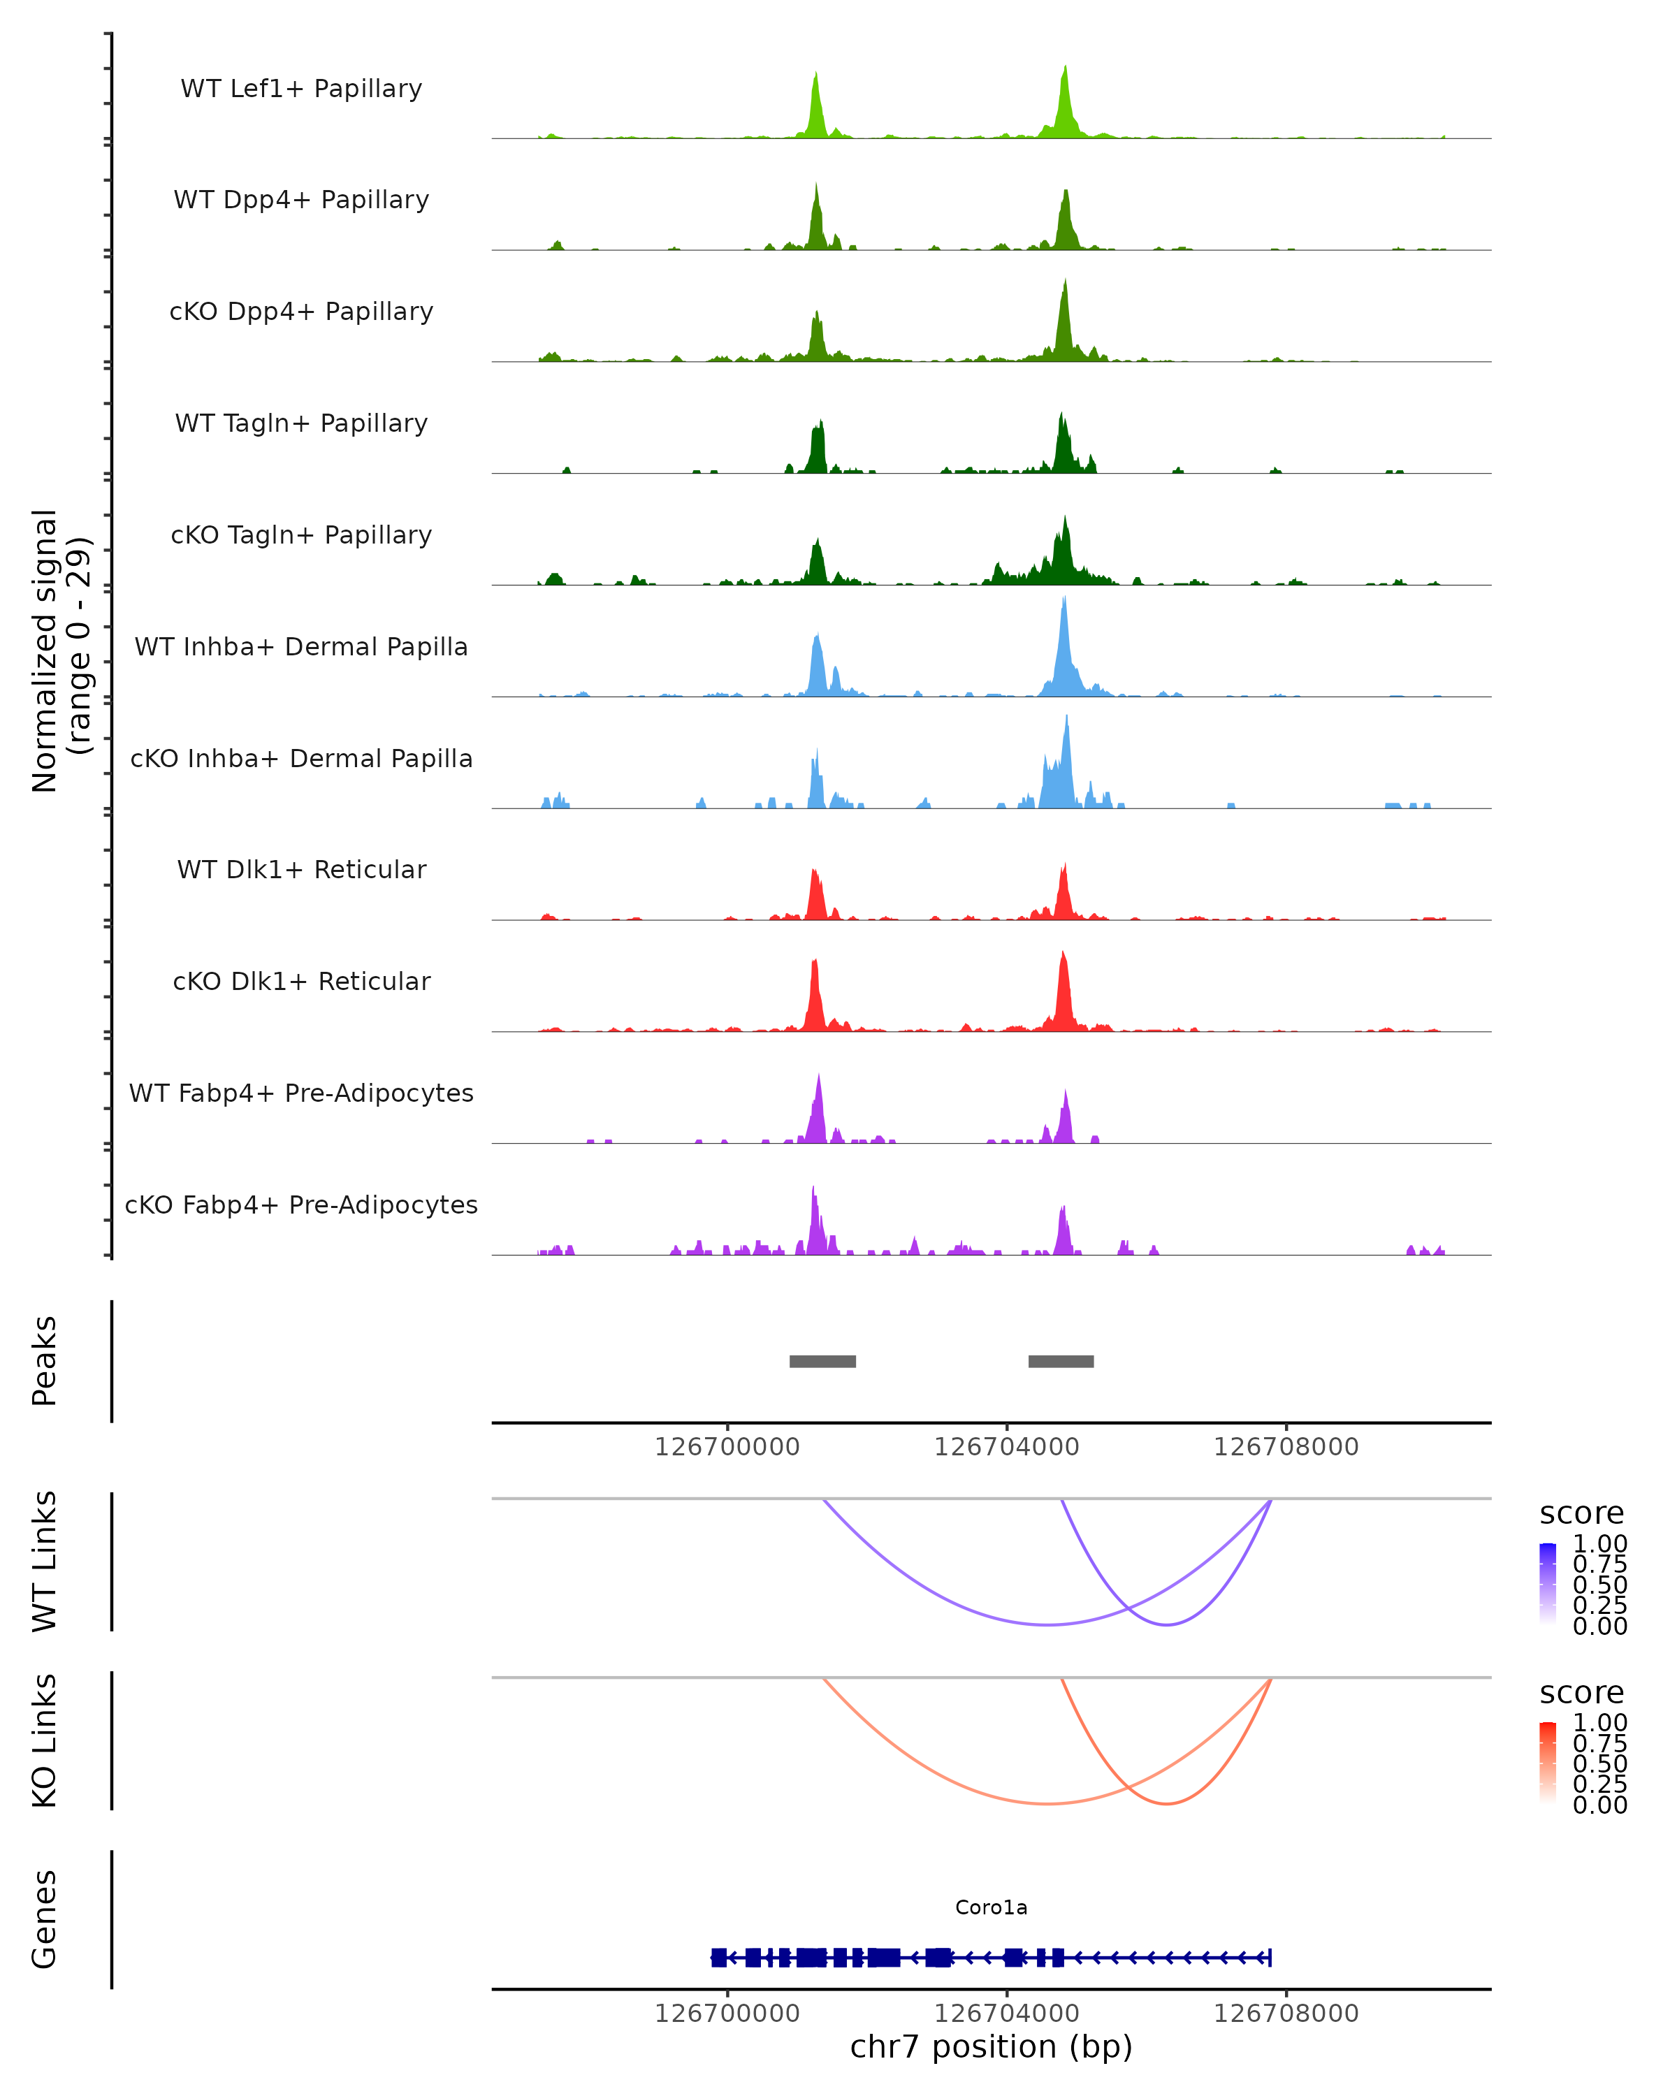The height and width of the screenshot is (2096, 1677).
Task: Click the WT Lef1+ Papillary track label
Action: click(301, 89)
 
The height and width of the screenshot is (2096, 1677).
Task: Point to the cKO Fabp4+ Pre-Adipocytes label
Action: click(301, 1205)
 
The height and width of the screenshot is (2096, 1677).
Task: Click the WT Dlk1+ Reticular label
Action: click(301, 869)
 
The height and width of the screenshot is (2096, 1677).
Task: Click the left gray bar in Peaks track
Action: click(822, 1361)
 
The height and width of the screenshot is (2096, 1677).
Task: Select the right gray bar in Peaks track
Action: click(1061, 1361)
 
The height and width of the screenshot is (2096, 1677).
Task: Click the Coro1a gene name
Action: click(991, 1907)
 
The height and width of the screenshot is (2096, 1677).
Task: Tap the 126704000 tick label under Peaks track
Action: click(1006, 1447)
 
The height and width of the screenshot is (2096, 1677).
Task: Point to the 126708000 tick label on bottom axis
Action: click(1285, 2014)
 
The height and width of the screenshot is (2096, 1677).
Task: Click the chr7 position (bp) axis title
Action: click(991, 2047)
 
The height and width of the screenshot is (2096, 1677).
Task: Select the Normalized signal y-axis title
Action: click(60, 650)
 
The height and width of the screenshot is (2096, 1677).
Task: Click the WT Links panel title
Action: click(45, 1562)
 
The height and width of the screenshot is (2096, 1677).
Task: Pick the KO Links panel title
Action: click(45, 1740)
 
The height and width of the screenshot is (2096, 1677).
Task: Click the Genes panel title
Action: click(45, 1919)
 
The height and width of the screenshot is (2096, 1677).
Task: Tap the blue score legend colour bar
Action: click(1548, 1582)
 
